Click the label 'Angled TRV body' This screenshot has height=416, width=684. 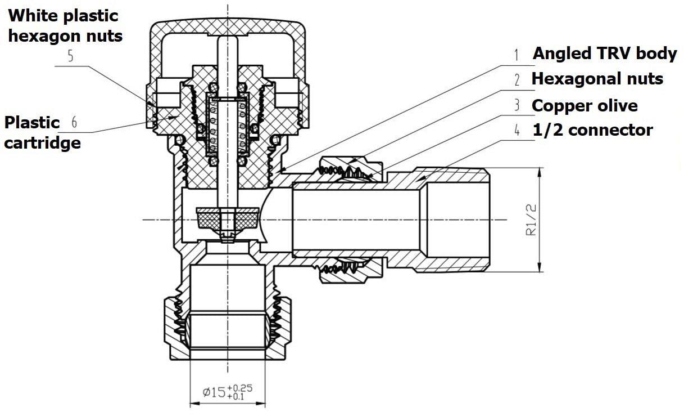coord(605,53)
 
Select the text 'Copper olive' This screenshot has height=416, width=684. coord(585,106)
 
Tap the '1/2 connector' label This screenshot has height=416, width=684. coord(593,130)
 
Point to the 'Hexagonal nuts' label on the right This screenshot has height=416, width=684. coord(597,79)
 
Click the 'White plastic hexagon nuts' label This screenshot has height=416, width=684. coord(65,26)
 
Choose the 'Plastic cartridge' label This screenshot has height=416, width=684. coord(43,133)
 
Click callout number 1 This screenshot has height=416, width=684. coord(516,55)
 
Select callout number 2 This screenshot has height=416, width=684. coord(517,80)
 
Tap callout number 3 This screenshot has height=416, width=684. coord(517,105)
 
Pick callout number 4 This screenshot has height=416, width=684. coord(517,130)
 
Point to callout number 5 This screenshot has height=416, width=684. coord(71,56)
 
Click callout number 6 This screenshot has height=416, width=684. coord(74,122)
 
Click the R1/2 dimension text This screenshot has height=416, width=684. coord(531,220)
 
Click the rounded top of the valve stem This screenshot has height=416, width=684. coord(228,41)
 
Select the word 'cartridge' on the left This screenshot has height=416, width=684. coord(43,143)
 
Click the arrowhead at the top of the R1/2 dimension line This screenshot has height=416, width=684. coord(540,172)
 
